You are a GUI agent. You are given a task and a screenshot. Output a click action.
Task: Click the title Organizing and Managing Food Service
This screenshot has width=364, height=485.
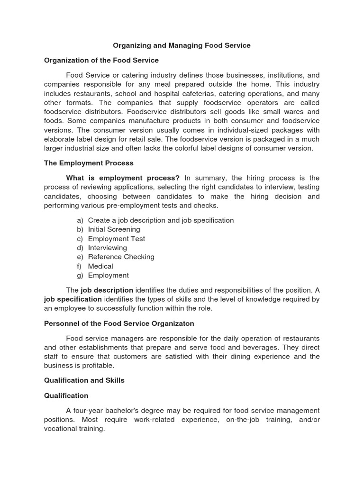click(x=182, y=45)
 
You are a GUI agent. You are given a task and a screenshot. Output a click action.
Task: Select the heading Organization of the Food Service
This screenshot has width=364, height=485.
click(x=101, y=60)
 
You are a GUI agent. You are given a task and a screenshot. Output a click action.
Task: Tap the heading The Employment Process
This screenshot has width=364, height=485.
click(x=89, y=163)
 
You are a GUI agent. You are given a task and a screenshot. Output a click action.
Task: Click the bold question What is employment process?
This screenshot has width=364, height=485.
click(x=123, y=178)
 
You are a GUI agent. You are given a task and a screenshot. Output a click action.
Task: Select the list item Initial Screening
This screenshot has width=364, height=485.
click(x=114, y=229)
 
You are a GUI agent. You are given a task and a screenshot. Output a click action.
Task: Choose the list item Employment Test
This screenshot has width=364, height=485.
click(x=117, y=239)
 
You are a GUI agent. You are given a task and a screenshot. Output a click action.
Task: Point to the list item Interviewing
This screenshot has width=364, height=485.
click(x=107, y=248)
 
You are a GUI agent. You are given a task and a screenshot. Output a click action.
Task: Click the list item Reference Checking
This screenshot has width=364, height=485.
click(x=121, y=257)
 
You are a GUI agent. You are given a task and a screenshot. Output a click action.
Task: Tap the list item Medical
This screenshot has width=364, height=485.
click(x=100, y=266)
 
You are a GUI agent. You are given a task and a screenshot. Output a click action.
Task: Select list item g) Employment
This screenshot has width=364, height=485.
click(x=108, y=275)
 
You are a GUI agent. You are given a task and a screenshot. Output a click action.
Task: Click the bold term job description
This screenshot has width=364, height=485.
click(x=107, y=290)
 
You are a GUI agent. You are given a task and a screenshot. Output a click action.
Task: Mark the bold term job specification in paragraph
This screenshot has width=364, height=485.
click(x=73, y=299)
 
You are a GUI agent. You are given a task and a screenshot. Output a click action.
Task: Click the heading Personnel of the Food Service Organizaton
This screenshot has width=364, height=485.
click(x=119, y=323)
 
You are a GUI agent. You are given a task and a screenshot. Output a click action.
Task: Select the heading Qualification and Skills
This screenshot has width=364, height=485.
click(x=84, y=380)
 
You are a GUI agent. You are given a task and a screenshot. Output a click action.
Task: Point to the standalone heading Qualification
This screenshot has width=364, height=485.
click(x=66, y=395)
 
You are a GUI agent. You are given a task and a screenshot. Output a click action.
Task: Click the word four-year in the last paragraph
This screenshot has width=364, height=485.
click(x=89, y=410)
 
